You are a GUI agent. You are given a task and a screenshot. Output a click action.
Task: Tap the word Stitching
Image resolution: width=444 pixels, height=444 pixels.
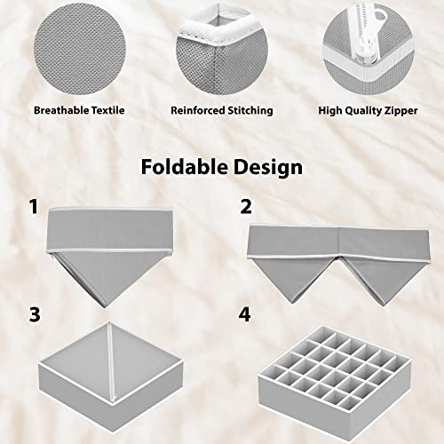pyautogui.click(x=250, y=111)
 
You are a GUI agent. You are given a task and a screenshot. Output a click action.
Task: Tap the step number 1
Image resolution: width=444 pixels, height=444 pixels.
pyautogui.click(x=34, y=208)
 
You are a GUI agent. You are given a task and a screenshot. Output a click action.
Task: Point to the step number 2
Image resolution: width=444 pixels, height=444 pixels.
pyautogui.click(x=246, y=208)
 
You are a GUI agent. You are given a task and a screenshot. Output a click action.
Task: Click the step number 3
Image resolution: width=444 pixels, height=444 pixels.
pyautogui.click(x=34, y=314)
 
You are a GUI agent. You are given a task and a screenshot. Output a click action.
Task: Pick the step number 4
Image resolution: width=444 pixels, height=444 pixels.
pyautogui.click(x=246, y=314)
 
